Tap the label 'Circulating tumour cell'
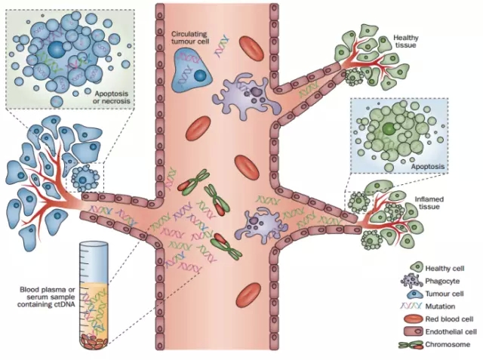coord(193,39)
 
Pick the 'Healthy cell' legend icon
coord(415,268)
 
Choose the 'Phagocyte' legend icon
coord(415,281)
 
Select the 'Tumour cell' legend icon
coord(415,294)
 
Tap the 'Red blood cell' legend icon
coord(415,319)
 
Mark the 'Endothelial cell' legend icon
coord(415,332)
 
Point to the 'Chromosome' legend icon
coord(415,345)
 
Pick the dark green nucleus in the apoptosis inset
coord(388,129)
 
